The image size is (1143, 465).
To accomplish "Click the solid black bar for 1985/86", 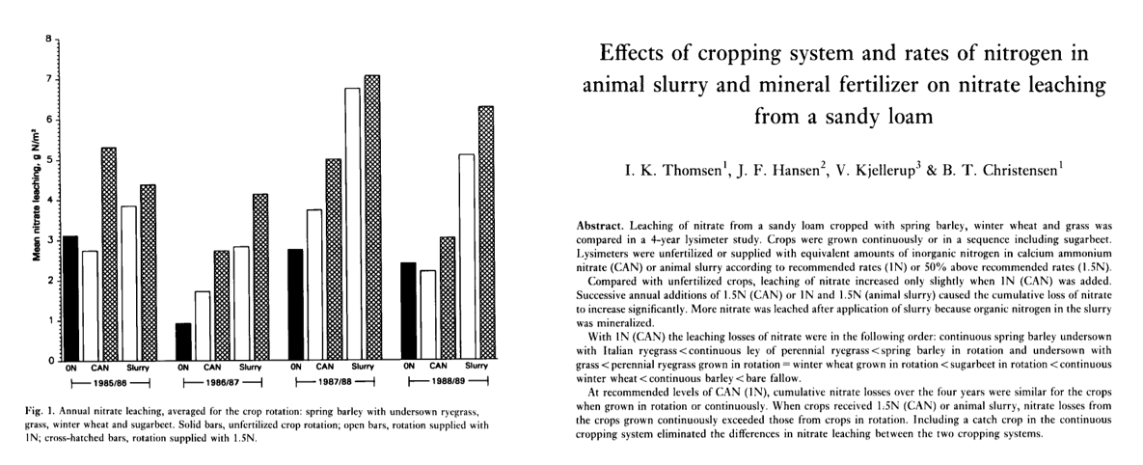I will [x=69, y=298].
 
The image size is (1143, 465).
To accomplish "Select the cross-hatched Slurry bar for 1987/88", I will [x=371, y=218].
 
